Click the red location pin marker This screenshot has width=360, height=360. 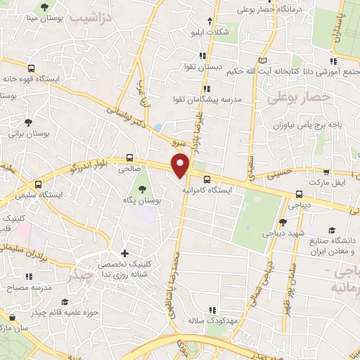click(181, 165)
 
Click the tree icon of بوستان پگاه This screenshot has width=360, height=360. click(143, 189)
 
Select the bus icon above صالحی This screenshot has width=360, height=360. click(129, 158)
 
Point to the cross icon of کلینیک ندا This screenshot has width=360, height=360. click(125, 253)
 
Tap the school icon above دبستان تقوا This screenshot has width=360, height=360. click(202, 56)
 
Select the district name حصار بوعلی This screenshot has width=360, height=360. click(299, 98)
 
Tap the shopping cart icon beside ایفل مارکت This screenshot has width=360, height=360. click(326, 171)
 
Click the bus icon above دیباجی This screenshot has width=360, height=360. click(300, 194)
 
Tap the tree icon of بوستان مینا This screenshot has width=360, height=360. click(45, 6)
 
